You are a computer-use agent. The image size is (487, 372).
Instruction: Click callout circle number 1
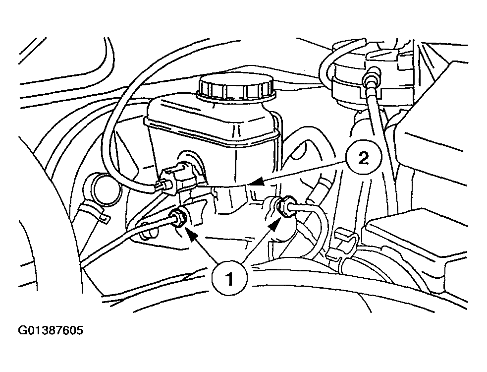[229, 279]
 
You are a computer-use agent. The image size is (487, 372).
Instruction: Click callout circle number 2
[363, 159]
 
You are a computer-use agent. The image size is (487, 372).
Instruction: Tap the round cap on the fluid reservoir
[236, 86]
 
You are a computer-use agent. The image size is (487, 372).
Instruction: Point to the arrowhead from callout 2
[257, 182]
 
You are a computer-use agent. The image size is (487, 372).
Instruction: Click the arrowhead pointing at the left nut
[191, 235]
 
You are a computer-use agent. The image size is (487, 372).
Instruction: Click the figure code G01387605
[51, 330]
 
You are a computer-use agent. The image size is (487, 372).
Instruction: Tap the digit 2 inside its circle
[363, 159]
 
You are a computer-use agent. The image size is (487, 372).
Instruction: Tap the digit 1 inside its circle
[229, 279]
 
